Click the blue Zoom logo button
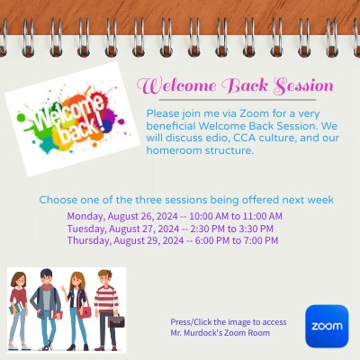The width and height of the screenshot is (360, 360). (x=326, y=326)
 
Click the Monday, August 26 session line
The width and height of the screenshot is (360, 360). (x=175, y=216)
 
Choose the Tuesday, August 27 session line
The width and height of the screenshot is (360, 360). (x=170, y=229)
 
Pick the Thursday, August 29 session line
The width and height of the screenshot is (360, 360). (x=172, y=240)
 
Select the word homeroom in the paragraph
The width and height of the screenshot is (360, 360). (x=173, y=150)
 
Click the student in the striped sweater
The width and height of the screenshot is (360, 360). (x=107, y=306)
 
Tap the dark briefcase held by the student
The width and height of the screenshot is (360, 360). (x=117, y=320)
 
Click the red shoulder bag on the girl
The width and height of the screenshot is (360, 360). (x=85, y=311)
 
